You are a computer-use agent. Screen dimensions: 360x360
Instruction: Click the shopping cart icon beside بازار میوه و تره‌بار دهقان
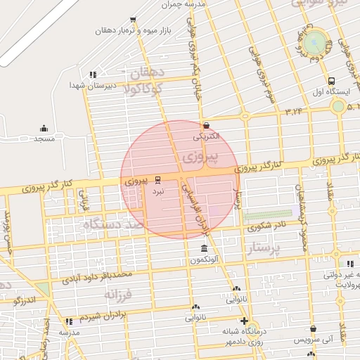[134, 19]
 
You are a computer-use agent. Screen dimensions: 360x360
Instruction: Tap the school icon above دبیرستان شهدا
[92, 75]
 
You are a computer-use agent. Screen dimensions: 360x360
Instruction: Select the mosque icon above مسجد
[44, 128]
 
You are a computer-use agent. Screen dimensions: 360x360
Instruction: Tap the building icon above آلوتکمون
[204, 249]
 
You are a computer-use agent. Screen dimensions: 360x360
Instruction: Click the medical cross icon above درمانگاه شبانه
[243, 321]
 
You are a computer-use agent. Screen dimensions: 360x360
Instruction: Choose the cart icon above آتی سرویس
[313, 328]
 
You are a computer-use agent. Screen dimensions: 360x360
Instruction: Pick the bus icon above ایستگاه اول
[330, 81]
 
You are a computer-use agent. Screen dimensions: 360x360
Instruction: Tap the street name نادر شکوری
[266, 226]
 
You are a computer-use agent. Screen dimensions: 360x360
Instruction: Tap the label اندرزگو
[28, 300]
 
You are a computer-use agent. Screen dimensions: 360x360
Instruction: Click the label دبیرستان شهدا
[86, 85]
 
